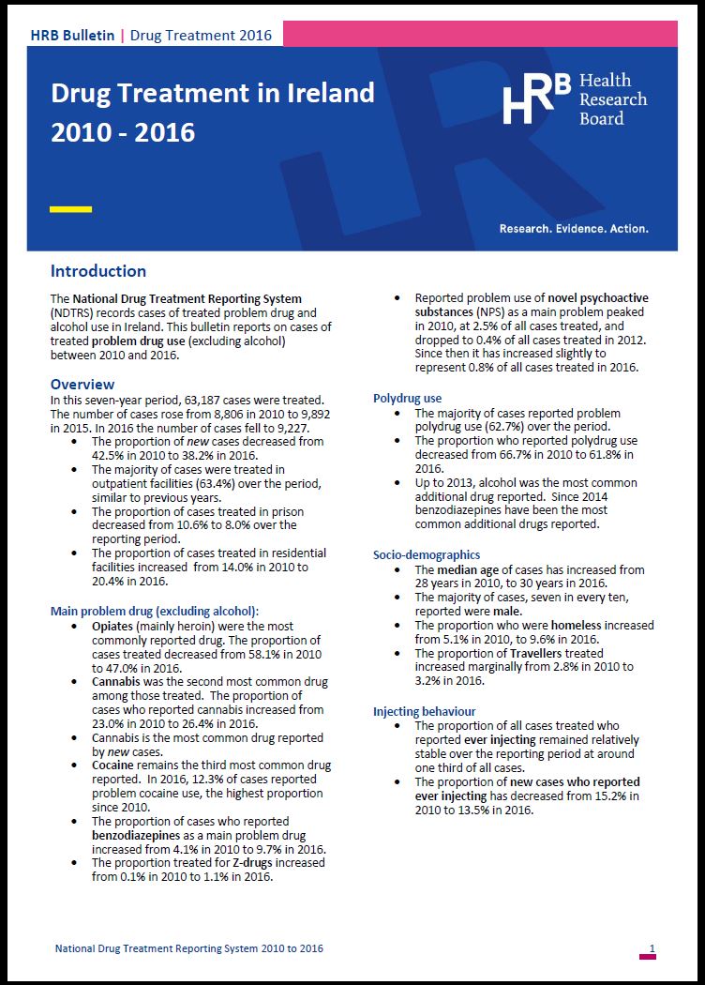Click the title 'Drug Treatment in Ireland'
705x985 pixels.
click(212, 94)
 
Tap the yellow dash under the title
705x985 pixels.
click(70, 209)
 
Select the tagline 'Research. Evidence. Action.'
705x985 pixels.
click(574, 228)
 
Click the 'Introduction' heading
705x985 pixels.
click(98, 271)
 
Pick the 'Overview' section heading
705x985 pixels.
click(82, 385)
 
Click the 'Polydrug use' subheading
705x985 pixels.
click(408, 399)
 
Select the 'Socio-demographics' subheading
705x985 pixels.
click(427, 555)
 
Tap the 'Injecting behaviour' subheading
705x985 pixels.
click(425, 712)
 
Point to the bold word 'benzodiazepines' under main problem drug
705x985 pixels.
click(136, 835)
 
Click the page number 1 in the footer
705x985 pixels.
click(652, 948)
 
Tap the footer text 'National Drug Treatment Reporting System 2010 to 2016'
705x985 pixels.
click(189, 948)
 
